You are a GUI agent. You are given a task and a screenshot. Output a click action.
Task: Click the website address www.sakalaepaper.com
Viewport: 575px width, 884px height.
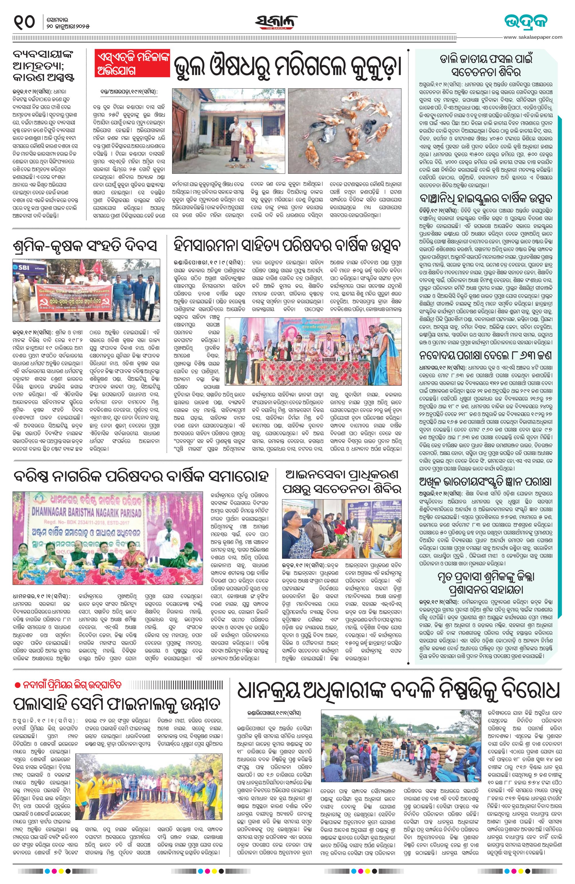coord(533,37)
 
